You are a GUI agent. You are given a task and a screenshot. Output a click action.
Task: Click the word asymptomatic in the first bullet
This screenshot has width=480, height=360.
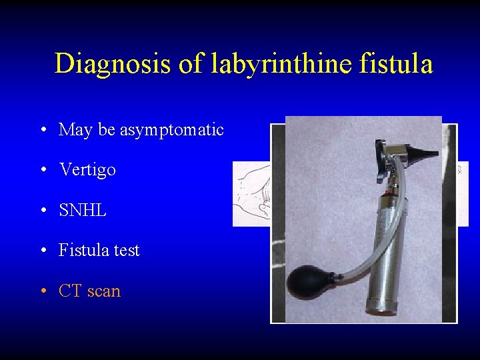[x=171, y=130]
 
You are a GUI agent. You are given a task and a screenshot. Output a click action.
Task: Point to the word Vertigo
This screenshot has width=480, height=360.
[x=87, y=170]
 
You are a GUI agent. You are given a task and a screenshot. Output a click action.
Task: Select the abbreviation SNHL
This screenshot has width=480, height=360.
[x=83, y=211]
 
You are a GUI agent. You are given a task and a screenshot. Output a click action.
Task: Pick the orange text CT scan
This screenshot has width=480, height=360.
[x=89, y=291]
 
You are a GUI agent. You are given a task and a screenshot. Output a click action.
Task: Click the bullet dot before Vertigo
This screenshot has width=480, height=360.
[x=43, y=171]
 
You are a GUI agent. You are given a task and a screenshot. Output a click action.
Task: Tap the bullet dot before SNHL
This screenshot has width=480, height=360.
[x=43, y=211]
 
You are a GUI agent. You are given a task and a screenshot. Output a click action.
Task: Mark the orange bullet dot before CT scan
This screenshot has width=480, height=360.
[x=43, y=292]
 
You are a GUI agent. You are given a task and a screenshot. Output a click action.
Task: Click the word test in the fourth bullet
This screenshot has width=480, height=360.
[x=126, y=251]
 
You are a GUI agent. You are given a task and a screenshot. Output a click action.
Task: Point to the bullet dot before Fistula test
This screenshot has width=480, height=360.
[x=43, y=251]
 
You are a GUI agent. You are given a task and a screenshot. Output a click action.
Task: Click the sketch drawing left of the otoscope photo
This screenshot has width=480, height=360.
[x=252, y=193]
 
